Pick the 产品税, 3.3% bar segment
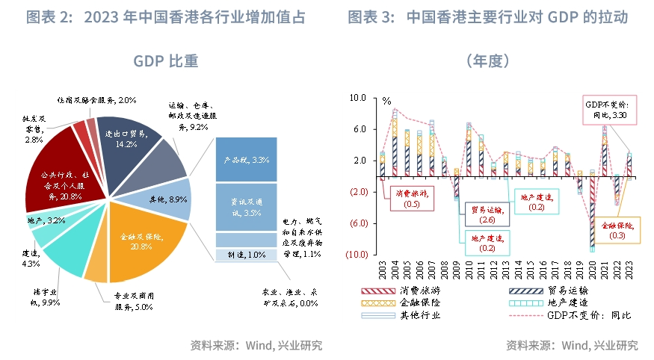point(246,160)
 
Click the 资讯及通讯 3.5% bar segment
point(246,208)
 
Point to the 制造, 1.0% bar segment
point(246,255)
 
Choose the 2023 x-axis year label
point(629,270)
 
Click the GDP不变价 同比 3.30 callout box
point(608,110)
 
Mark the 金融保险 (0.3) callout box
point(617,230)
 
